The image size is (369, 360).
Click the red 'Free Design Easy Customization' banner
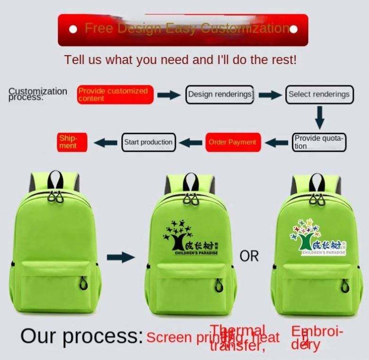click(183, 29)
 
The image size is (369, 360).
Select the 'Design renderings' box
click(220, 94)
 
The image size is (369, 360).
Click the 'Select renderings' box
click(319, 94)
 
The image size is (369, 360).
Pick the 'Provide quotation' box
click(319, 142)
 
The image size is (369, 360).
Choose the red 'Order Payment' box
click(232, 142)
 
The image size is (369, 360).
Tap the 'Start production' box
click(148, 142)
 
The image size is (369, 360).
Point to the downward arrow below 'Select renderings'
click(320, 117)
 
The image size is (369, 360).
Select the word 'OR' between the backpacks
click(249, 256)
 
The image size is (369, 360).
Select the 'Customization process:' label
click(38, 93)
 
